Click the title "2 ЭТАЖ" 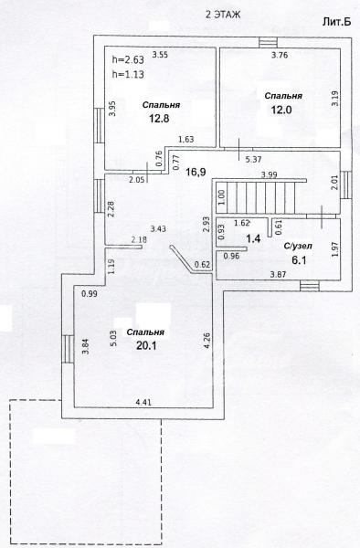coord(223,15)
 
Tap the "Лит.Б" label coord(336,22)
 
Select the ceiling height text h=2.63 coord(128,59)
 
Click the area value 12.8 coord(159,119)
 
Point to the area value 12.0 coord(281,111)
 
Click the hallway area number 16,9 coord(196,172)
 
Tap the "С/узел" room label coord(298,246)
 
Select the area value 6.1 coord(299,259)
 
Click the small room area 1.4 coord(253,239)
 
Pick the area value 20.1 coord(146,345)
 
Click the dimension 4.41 coord(143,402)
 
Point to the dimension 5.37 coord(253,160)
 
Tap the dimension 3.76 coord(280,55)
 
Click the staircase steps coord(260,197)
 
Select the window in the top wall coord(268,42)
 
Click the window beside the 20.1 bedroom coord(68,349)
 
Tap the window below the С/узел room coord(310,286)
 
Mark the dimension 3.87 coord(278,275)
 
